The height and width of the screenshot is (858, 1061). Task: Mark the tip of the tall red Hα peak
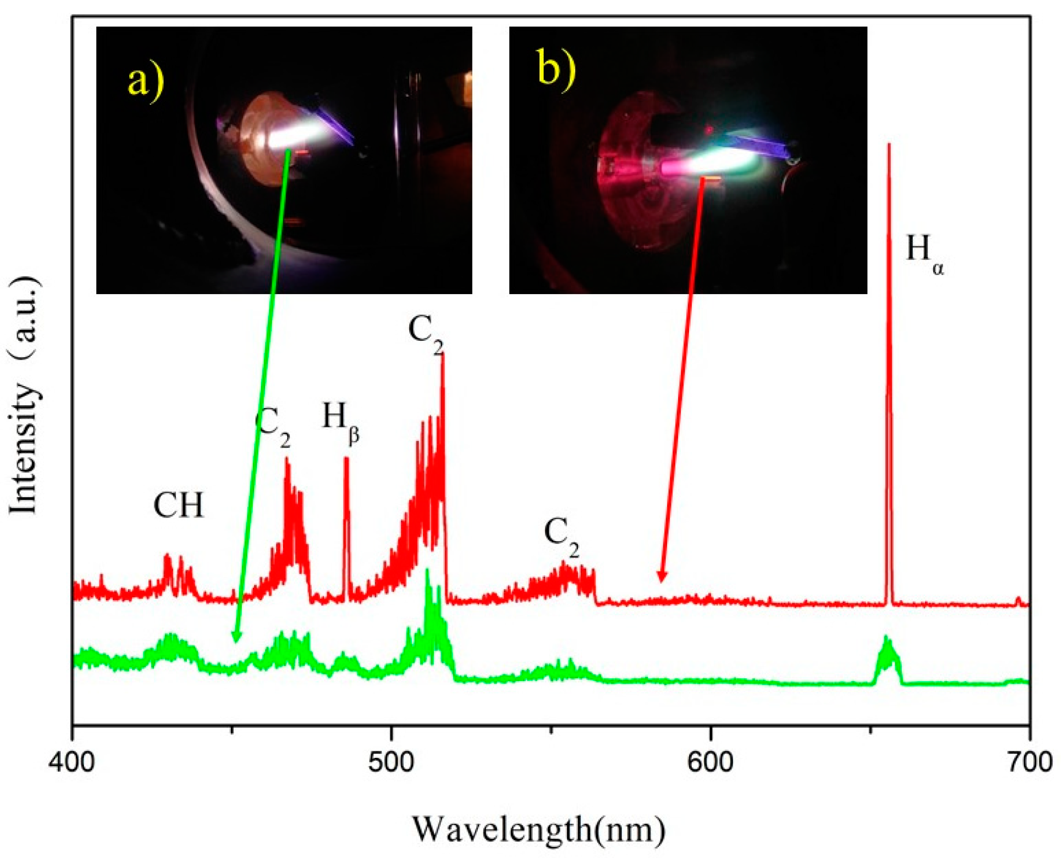(x=889, y=145)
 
